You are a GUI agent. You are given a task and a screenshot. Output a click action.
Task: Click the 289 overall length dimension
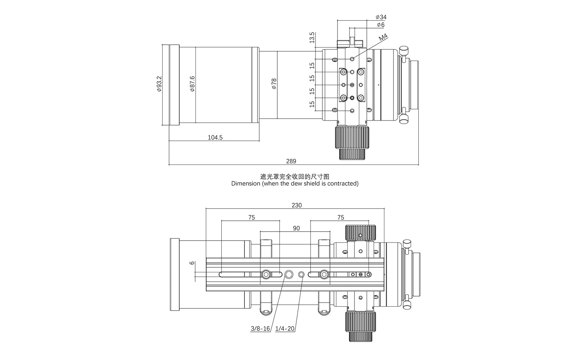291,161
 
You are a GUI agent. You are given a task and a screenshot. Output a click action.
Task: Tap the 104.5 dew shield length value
215,137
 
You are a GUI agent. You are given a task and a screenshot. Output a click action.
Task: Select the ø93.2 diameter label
159,84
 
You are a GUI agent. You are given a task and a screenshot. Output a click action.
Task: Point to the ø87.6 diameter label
192,84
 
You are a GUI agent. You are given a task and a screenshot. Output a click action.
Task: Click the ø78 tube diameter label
274,84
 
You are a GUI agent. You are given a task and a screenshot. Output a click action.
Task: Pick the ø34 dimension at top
381,17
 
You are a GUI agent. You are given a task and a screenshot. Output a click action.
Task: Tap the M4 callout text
383,38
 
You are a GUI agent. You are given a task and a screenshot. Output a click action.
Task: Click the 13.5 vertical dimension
312,38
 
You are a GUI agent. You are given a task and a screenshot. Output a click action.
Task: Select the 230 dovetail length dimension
296,205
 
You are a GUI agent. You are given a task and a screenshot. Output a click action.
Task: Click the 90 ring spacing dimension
296,228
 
